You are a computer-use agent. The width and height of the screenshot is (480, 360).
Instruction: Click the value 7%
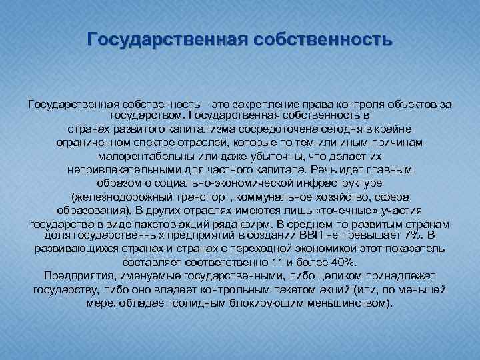(410, 234)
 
